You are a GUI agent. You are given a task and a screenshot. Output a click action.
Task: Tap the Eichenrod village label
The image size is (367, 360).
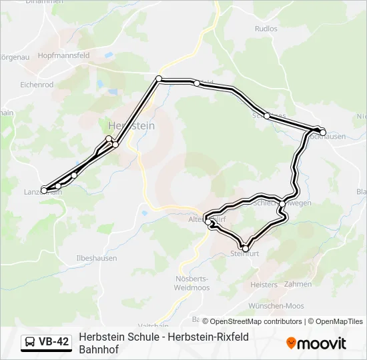37,85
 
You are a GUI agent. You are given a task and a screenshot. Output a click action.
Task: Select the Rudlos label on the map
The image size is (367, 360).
266,29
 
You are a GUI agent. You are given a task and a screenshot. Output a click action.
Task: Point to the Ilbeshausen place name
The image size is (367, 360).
97,258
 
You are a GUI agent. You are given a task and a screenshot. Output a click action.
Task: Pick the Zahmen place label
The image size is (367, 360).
298,285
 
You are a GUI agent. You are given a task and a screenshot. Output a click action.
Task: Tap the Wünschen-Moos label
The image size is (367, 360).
276,306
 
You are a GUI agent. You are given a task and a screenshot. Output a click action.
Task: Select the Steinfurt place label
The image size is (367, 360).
244,254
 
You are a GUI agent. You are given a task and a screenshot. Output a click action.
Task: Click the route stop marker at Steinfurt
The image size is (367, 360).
245,249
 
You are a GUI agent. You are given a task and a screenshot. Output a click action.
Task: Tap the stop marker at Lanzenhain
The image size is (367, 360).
45,191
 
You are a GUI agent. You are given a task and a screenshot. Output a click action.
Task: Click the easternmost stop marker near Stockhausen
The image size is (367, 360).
323,133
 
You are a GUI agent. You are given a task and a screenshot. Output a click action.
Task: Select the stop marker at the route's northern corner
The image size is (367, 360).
159,79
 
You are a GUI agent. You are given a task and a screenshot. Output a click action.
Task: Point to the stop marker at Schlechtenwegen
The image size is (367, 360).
283,203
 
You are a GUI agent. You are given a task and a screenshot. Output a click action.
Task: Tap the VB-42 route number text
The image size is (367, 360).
53,342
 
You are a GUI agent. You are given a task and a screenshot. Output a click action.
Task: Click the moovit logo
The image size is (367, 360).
316,343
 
